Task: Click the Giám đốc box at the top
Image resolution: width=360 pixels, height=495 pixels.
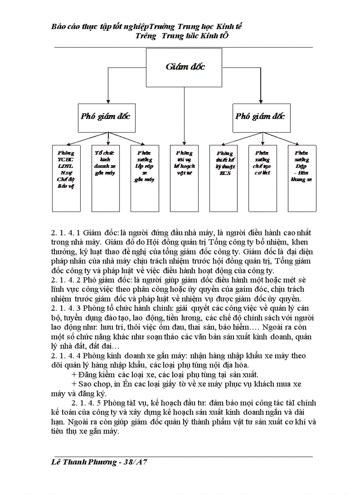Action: point(185,67)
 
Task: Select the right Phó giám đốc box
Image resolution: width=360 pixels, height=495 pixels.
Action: point(261,117)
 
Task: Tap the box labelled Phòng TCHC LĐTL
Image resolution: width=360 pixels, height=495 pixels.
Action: point(66,178)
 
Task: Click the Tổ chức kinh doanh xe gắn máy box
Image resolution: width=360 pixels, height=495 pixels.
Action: point(105,178)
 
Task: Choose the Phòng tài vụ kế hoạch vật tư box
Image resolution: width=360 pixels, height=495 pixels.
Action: point(184,178)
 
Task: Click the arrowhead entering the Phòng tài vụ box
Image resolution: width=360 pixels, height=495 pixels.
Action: point(184,142)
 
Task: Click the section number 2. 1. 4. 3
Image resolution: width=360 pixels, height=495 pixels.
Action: point(66,309)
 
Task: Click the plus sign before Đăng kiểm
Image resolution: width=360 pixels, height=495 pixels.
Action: point(73,374)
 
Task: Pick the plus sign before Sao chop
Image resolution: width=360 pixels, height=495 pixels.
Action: point(73,384)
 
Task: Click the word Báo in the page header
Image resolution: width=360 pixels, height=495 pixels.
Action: point(59,26)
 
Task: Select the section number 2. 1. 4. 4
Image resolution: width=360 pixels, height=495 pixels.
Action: point(66,356)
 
